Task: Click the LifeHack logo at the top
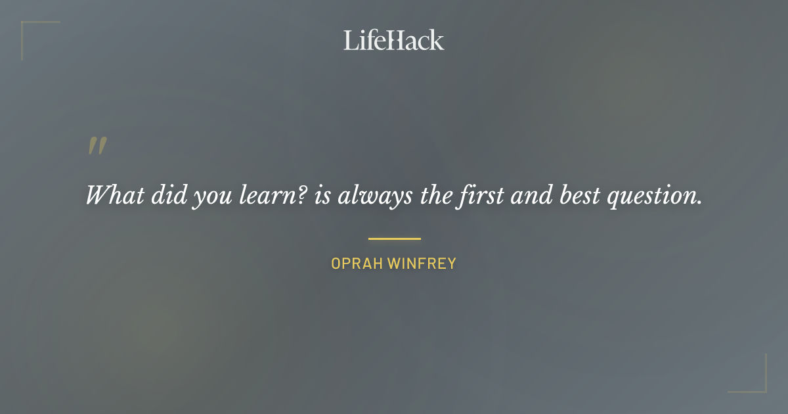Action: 393,40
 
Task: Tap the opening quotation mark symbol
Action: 97,147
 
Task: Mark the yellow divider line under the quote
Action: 394,239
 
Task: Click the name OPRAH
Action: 357,264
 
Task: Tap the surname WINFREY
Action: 422,264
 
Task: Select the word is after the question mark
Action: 322,195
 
